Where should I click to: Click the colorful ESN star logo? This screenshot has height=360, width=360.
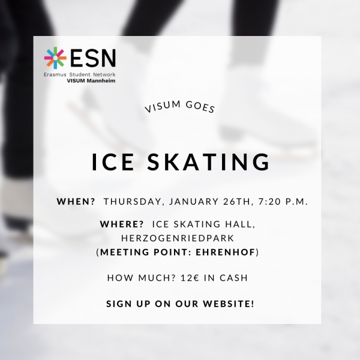click(55, 58)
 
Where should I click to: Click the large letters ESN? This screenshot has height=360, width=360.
click(93, 58)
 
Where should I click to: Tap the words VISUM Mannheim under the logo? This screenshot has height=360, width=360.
click(91, 81)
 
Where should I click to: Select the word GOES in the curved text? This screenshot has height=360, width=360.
click(200, 107)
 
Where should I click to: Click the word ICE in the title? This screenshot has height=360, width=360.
click(113, 161)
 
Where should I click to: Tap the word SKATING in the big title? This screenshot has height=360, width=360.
click(208, 161)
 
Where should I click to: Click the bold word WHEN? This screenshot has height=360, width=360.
click(76, 202)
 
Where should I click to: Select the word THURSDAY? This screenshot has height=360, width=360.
click(134, 202)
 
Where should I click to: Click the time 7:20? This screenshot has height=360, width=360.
click(269, 202)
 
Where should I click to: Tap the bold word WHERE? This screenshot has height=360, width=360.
click(122, 224)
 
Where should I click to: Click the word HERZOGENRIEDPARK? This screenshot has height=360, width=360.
click(178, 238)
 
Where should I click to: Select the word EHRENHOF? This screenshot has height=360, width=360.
click(226, 252)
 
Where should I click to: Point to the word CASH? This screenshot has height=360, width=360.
click(234, 278)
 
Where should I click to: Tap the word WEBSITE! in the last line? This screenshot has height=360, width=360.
click(229, 304)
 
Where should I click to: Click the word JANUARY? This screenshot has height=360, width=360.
click(194, 202)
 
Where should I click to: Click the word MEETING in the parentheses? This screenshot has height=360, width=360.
click(125, 252)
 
